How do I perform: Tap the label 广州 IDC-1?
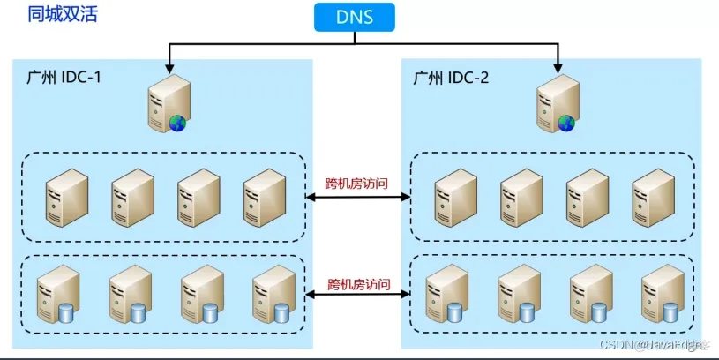coord(60,77)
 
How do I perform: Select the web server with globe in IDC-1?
coord(168,104)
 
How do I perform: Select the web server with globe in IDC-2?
coord(557,104)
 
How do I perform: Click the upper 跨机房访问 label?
coord(357,185)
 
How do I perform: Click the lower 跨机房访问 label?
coord(357,284)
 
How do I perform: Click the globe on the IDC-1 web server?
coord(178,123)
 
